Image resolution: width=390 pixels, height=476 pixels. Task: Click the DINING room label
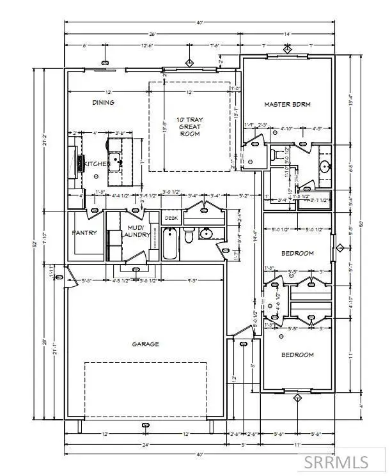click(x=103, y=103)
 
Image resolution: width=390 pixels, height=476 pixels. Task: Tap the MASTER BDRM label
click(x=287, y=105)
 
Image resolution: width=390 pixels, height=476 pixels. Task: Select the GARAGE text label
click(x=146, y=344)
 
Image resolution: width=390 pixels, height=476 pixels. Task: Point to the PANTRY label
click(x=84, y=233)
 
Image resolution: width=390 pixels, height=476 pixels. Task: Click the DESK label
click(x=171, y=219)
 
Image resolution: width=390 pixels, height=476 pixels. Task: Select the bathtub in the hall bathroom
click(x=171, y=243)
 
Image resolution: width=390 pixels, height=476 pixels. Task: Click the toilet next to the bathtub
click(x=189, y=238)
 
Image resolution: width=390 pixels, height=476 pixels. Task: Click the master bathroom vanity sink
click(x=324, y=167)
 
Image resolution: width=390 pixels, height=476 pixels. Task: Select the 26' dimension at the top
click(x=152, y=33)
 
